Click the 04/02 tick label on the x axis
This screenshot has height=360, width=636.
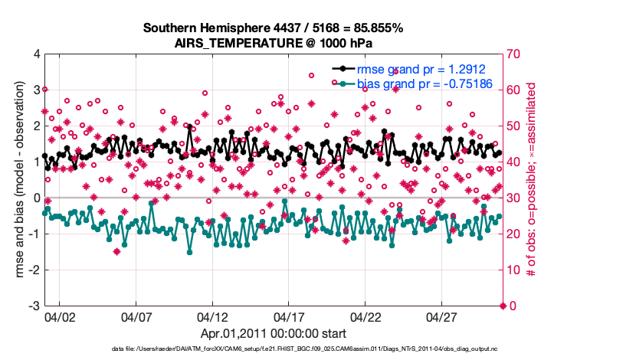[x=60, y=316]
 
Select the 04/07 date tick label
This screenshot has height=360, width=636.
[x=136, y=316]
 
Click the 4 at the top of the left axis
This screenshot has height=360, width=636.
[x=35, y=54]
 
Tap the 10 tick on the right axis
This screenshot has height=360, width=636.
[x=512, y=270]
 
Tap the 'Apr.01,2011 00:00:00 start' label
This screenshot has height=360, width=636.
[x=273, y=334]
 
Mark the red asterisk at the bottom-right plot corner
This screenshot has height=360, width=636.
[x=503, y=306]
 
